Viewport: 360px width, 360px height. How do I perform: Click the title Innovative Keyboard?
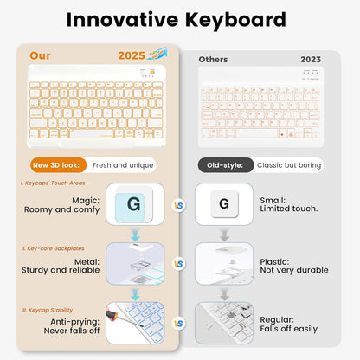coord(179,19)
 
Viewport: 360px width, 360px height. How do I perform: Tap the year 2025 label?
coord(131,56)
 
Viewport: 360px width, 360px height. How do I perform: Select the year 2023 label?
coord(310,60)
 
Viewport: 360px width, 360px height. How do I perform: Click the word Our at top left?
coord(40,55)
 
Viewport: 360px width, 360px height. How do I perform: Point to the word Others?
coord(213,60)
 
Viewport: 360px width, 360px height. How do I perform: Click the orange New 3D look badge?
coord(57,164)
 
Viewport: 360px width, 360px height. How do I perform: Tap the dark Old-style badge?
coord(226,165)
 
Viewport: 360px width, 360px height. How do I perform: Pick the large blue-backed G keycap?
coord(133,206)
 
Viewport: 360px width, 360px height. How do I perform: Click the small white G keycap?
coord(224,204)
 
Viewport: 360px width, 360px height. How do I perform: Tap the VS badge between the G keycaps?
coord(179,206)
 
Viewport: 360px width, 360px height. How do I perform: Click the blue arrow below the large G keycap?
coord(134,235)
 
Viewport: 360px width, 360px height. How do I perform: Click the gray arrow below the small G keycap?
coord(224,235)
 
